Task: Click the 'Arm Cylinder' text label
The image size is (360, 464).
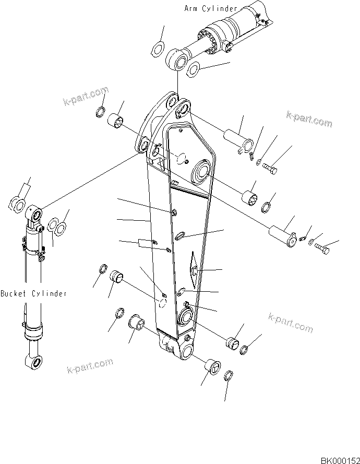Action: [x=211, y=8]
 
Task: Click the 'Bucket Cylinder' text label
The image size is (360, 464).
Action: [x=33, y=293]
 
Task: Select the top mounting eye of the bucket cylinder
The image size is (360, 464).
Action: [x=37, y=214]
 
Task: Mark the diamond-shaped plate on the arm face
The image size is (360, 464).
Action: [x=193, y=269]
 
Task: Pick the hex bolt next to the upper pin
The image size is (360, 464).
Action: [x=269, y=168]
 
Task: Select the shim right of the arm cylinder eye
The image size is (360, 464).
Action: [x=194, y=68]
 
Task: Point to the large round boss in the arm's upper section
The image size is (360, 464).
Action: [x=202, y=173]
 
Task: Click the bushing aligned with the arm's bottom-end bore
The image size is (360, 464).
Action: [x=211, y=367]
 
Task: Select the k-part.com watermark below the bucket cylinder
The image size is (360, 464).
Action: [x=90, y=366]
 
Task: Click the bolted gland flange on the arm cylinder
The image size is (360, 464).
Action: [x=213, y=42]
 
